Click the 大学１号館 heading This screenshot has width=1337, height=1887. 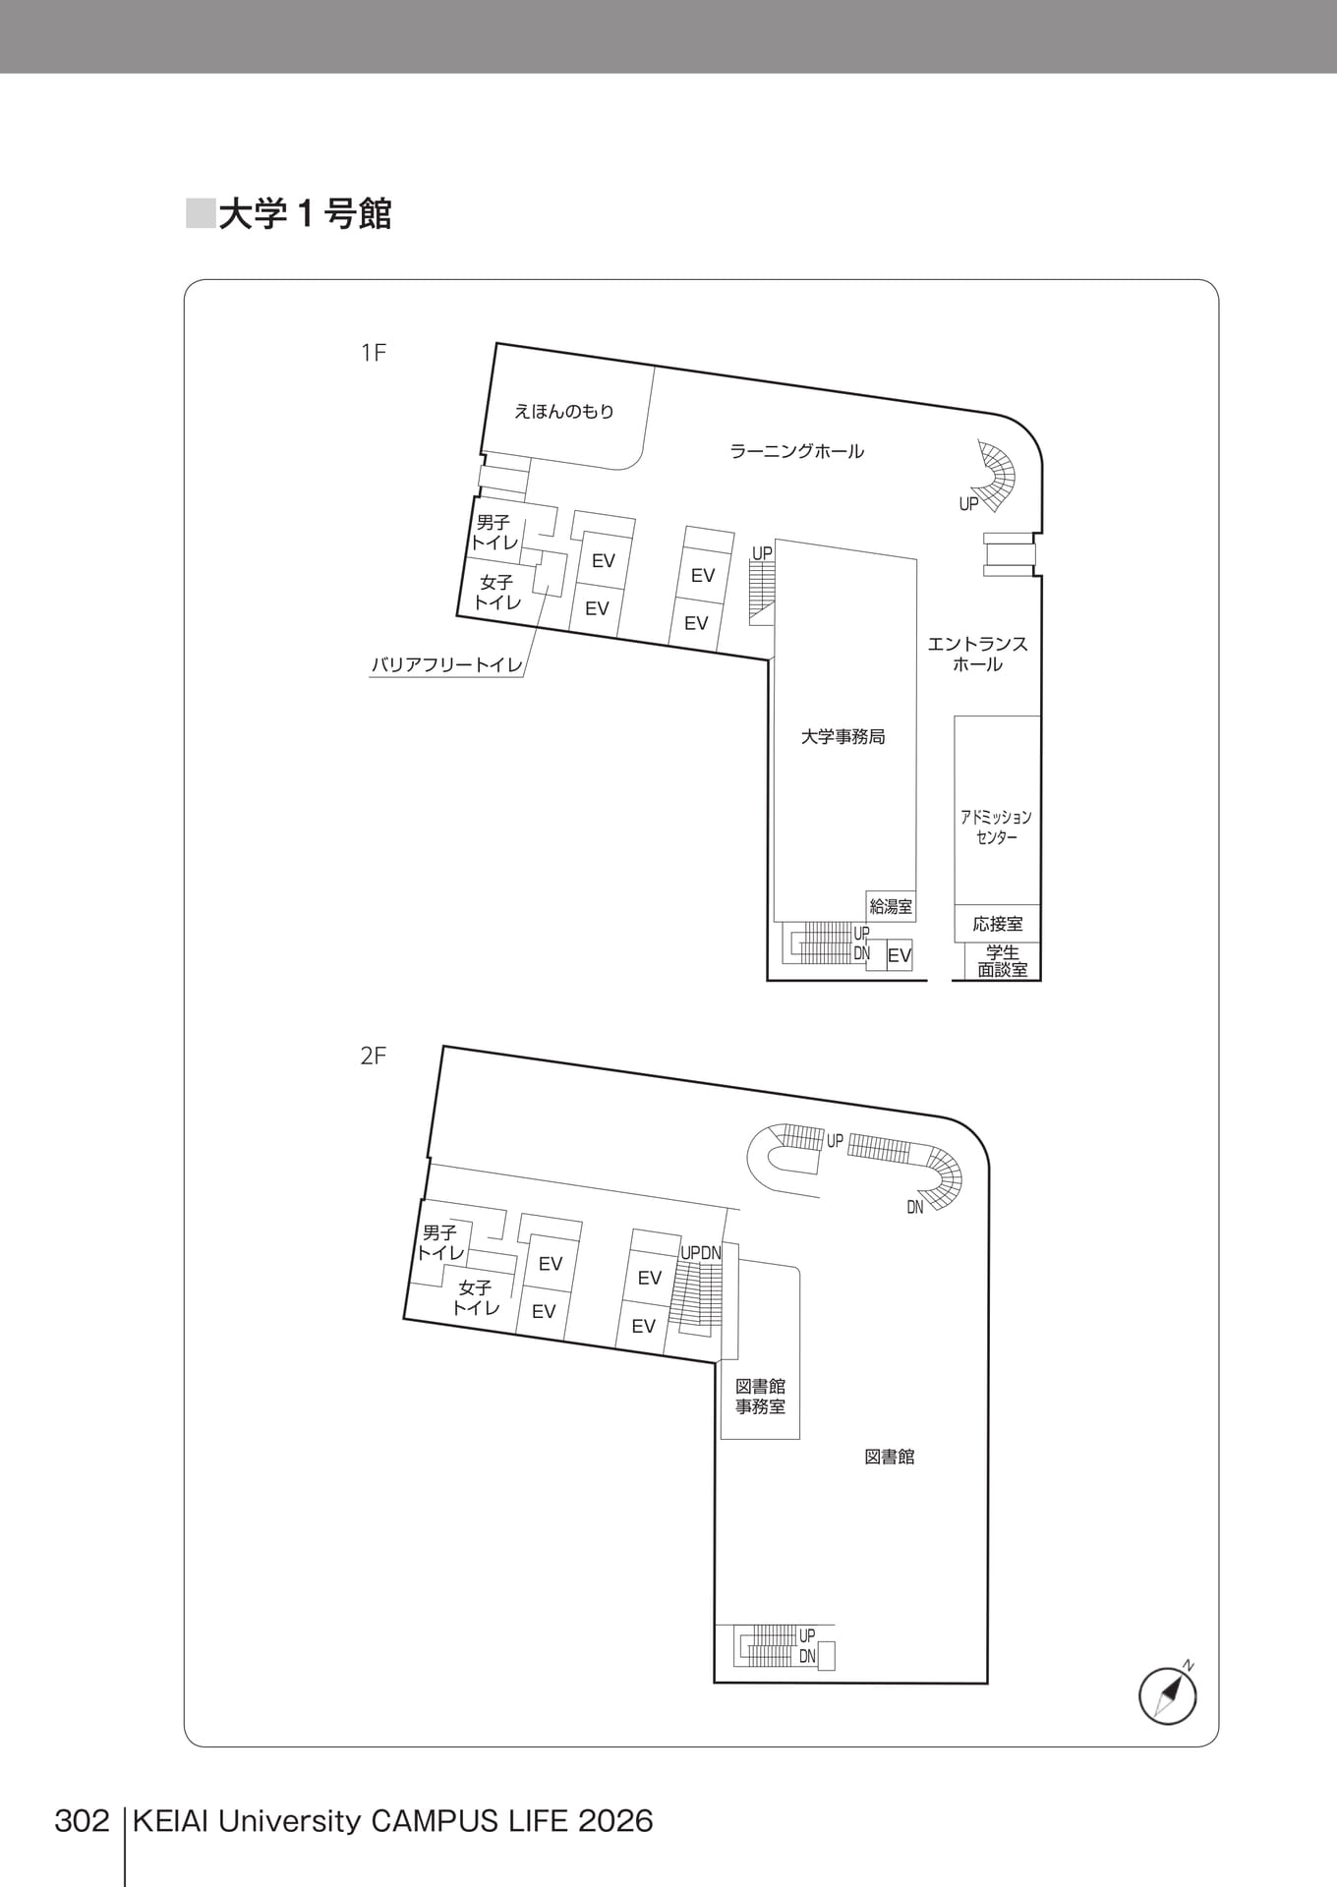point(305,213)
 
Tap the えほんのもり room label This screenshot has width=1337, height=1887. point(564,412)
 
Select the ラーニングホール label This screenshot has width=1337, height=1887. point(797,451)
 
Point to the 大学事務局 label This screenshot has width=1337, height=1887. point(843,736)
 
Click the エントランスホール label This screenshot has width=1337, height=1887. point(978,654)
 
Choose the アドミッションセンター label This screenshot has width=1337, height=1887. point(997,828)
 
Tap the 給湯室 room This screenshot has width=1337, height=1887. point(891,906)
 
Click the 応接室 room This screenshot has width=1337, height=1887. point(998,924)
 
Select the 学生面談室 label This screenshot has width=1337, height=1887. point(1003,961)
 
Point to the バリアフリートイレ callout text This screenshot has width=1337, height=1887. point(447,665)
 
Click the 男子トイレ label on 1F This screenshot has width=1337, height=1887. point(494,532)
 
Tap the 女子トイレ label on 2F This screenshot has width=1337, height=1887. point(476,1297)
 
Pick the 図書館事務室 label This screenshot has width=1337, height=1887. point(761,1397)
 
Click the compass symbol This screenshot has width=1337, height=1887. point(1169,1694)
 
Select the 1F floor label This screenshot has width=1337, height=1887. point(374,353)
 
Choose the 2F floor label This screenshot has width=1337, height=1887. point(374,1056)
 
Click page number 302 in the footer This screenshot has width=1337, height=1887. point(82,1821)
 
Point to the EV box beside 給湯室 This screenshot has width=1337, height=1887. point(900,955)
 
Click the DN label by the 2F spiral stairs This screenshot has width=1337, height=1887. point(915,1207)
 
